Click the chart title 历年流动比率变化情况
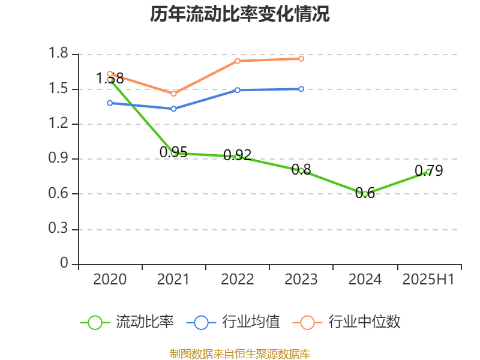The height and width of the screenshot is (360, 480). point(240,14)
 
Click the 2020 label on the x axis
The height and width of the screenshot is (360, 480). point(110,280)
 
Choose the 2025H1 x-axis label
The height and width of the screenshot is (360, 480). point(428,280)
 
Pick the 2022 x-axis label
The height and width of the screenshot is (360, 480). point(237,280)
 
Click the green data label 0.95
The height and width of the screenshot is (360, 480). point(173,152)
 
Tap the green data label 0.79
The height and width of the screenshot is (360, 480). point(428,171)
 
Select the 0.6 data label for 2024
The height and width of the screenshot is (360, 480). point(365,193)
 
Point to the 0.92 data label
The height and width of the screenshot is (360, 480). point(237,155)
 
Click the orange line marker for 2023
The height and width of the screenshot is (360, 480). point(301,58)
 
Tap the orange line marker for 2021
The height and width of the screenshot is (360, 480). point(173,94)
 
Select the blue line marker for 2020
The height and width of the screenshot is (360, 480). point(110,103)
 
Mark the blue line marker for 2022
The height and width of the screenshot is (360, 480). point(237,90)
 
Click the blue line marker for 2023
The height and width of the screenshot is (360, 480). point(301,89)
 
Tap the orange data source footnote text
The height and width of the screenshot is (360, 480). point(240,353)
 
